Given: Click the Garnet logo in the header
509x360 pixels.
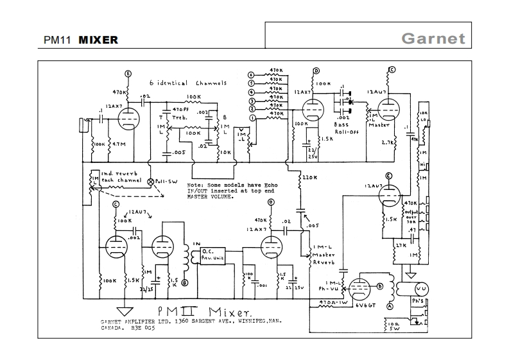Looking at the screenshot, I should pos(433,38).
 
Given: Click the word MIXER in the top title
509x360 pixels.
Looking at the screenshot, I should pos(98,40).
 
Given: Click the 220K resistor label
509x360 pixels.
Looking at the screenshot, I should pos(311,176).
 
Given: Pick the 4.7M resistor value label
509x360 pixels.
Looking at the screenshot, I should pos(119,145).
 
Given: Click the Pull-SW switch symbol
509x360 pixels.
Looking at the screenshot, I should pos(151,182).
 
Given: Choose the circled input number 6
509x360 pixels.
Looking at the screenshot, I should pos(252,76).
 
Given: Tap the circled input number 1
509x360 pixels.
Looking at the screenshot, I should pos(252,118).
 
